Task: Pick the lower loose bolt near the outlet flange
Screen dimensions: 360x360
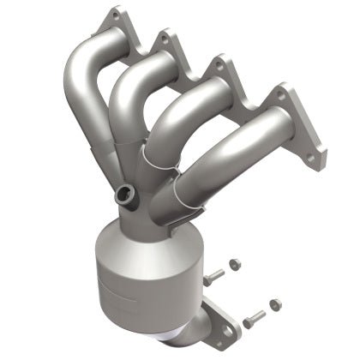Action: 252,322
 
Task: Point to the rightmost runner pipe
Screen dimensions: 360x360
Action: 244,141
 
